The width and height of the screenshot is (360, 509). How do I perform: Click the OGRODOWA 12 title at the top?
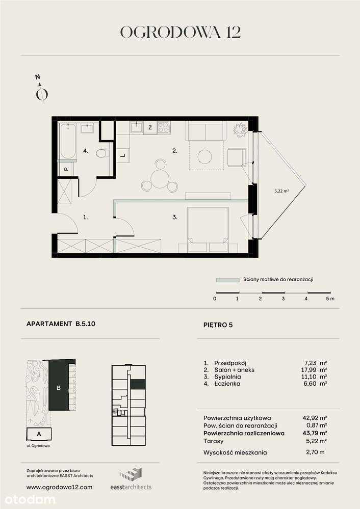[180, 32]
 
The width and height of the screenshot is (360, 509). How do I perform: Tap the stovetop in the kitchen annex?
[164, 127]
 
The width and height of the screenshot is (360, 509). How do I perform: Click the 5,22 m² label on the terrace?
[281, 191]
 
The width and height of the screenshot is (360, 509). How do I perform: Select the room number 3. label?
[175, 218]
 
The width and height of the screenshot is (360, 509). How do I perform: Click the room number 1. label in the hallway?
[86, 217]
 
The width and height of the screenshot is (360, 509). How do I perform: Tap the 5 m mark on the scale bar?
[329, 299]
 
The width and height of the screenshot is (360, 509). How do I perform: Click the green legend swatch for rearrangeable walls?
[227, 280]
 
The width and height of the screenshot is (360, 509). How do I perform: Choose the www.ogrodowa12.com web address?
[59, 487]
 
